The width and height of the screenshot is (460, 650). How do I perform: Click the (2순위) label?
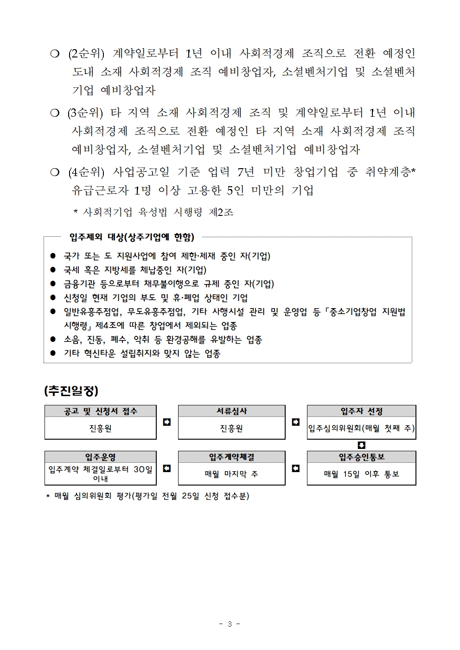(x=86, y=54)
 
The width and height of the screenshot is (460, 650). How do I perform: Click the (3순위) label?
(x=85, y=113)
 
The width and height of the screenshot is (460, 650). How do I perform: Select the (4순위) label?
(x=86, y=172)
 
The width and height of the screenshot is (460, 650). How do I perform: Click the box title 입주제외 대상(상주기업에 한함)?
(x=132, y=237)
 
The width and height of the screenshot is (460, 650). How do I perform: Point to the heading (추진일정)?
(x=71, y=391)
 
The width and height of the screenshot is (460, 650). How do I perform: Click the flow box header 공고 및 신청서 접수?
(x=100, y=411)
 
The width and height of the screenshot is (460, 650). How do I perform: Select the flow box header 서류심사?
(x=231, y=411)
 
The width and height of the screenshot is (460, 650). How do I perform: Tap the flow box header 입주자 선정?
(x=361, y=411)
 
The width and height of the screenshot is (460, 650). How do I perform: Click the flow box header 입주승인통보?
(x=361, y=457)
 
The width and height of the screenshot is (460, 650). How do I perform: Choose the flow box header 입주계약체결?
(x=231, y=457)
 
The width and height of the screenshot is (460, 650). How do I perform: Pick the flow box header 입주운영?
(x=100, y=457)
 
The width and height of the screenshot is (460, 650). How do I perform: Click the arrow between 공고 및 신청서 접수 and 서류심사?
(x=167, y=422)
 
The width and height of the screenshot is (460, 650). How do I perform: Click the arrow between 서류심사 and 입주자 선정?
(x=295, y=422)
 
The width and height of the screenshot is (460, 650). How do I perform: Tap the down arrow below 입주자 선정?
(x=362, y=445)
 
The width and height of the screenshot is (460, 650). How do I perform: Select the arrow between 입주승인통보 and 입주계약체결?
(x=295, y=468)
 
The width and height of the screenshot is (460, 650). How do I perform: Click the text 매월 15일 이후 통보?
(x=361, y=474)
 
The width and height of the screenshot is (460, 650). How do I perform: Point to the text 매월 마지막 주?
(x=231, y=474)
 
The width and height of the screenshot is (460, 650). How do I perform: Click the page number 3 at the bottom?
(x=230, y=624)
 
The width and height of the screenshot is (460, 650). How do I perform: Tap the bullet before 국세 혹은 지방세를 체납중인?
(x=53, y=270)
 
